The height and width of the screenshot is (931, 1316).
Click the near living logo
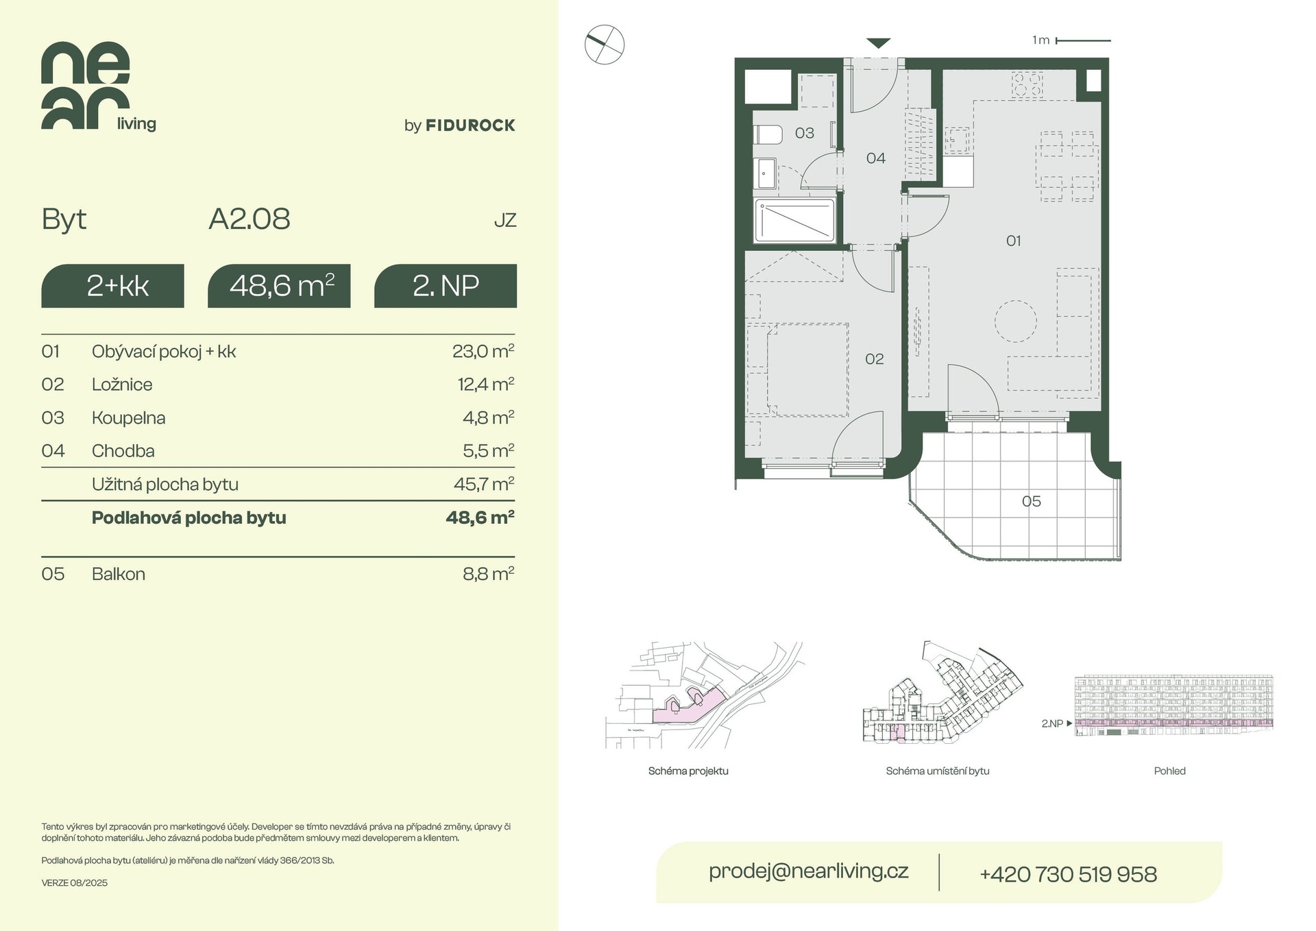point(99,86)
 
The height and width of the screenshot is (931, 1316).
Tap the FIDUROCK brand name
point(470,125)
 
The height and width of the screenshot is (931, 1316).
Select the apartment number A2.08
point(249,219)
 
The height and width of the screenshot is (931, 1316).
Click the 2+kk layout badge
point(113,286)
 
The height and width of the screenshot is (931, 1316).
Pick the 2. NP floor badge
point(446,286)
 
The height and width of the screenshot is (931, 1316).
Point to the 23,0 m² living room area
point(483,351)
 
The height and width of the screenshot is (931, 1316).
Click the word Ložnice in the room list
point(122,385)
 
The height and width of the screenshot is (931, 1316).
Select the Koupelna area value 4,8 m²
point(488,418)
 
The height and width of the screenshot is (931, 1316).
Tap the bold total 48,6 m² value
point(480,518)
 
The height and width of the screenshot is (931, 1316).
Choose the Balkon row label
point(119,574)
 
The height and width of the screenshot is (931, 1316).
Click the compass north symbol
point(605,45)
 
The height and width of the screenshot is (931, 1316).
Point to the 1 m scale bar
point(1083,41)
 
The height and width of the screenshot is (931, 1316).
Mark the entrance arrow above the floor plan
point(878,43)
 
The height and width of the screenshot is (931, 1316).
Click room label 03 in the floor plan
point(805,133)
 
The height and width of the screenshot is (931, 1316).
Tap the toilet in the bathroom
point(768,135)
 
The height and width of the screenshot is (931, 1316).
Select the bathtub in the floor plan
point(795,221)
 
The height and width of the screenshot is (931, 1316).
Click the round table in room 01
point(1016,321)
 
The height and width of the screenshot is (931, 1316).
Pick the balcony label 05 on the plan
point(1032,502)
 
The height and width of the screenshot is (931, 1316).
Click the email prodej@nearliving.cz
point(809,871)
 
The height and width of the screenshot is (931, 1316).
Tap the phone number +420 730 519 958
point(1069,874)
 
